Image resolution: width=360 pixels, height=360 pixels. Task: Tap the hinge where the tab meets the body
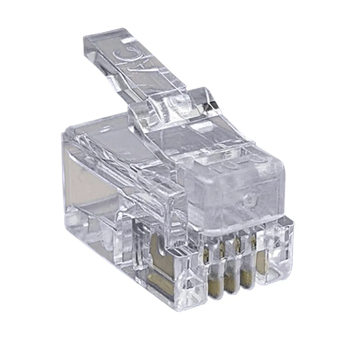[x=169, y=108]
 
